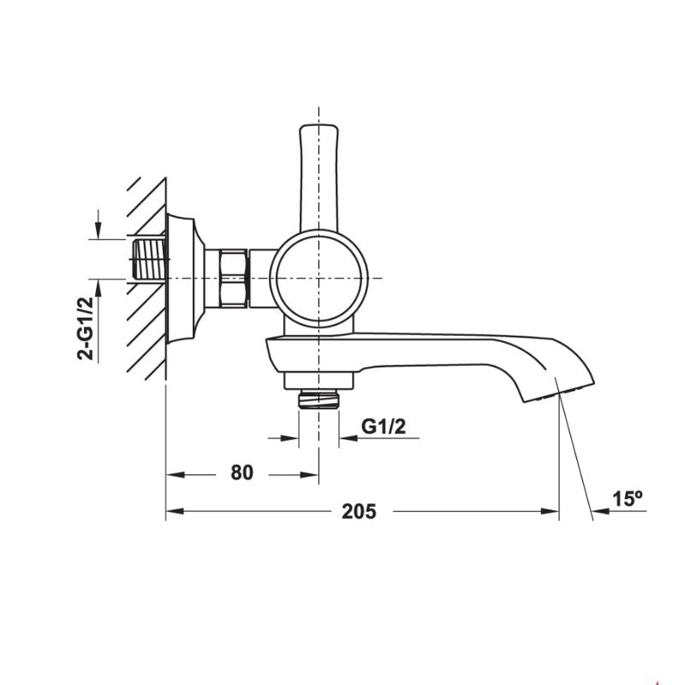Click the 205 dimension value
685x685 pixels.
359,512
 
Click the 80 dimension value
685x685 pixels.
242,473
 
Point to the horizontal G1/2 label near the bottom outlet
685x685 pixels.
384,426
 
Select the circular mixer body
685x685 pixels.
319,279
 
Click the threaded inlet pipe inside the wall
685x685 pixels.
151,258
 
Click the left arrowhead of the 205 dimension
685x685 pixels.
170,512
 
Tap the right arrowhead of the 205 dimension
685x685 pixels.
553,512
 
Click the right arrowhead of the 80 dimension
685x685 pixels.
313,473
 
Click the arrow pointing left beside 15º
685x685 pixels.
599,512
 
